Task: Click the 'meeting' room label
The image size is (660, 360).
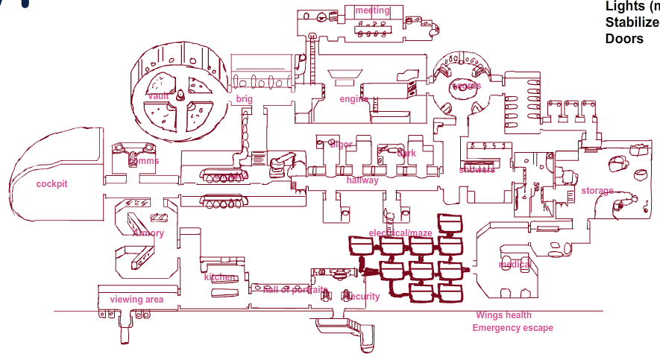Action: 372,10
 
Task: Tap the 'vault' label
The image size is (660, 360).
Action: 159,96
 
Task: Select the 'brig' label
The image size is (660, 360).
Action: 245,99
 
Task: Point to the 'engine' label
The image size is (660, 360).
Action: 354,99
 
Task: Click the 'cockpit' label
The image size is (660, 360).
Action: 52,183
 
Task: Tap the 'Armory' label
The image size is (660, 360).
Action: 148,233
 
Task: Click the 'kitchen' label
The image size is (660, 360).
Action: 220,277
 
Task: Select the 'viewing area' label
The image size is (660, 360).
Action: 136,300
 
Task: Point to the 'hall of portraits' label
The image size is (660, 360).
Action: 295,290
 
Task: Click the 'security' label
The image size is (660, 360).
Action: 361,297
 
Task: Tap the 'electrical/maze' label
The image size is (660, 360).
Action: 400,233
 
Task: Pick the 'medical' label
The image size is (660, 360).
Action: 515,265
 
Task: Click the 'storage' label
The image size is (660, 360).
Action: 597,191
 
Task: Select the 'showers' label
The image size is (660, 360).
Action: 477,170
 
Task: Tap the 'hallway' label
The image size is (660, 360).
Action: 362,180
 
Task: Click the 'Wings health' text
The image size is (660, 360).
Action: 504,315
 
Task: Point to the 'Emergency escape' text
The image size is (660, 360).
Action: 513,328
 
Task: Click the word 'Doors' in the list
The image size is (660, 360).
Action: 624,38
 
